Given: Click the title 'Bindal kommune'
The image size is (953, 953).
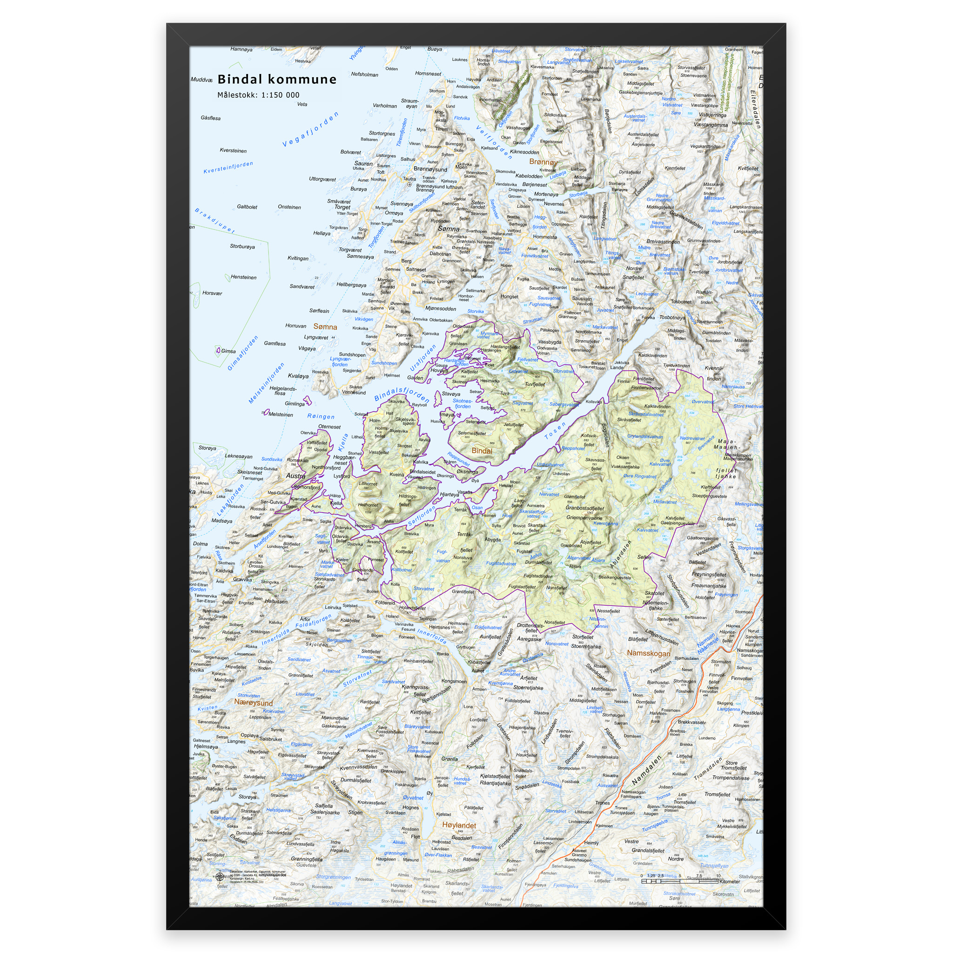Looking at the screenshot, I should pyautogui.click(x=277, y=79).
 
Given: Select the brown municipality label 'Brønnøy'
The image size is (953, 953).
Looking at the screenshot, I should pyautogui.click(x=543, y=162).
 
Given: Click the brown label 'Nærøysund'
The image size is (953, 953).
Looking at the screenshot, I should pyautogui.click(x=253, y=702).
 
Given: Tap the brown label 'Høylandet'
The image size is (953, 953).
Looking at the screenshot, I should pyautogui.click(x=459, y=825).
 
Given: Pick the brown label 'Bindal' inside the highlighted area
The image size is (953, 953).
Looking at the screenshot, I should pyautogui.click(x=482, y=451).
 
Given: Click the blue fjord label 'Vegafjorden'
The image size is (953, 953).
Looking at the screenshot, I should pyautogui.click(x=310, y=129).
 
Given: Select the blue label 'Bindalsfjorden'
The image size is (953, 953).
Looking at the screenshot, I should pyautogui.click(x=402, y=394).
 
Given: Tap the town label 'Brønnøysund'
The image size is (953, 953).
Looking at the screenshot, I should pyautogui.click(x=430, y=169).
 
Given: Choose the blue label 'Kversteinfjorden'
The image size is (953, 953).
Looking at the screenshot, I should pyautogui.click(x=228, y=168).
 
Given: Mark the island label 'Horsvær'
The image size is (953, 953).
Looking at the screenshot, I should pyautogui.click(x=212, y=293).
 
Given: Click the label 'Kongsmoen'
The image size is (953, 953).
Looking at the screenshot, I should pyautogui.click(x=454, y=681).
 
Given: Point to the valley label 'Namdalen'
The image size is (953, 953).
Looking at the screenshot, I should pyautogui.click(x=646, y=771).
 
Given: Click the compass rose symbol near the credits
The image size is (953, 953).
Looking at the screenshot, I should pyautogui.click(x=220, y=876).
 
